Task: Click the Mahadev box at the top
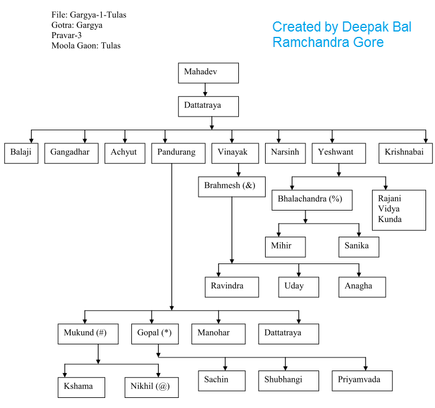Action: (x=208, y=73)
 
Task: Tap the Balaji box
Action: (x=21, y=153)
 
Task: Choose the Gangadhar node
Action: (x=71, y=153)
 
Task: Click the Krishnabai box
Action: (x=404, y=153)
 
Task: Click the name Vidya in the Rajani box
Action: (x=389, y=209)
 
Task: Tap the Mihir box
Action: (x=285, y=246)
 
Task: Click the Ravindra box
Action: (x=232, y=287)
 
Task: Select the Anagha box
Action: (x=362, y=287)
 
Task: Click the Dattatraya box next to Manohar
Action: (x=288, y=334)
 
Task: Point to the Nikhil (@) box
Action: (x=151, y=387)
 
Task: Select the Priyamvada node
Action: (x=362, y=381)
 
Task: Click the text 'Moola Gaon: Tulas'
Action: (x=86, y=46)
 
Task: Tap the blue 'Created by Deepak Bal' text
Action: (x=341, y=27)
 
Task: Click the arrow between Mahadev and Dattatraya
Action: (x=206, y=89)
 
